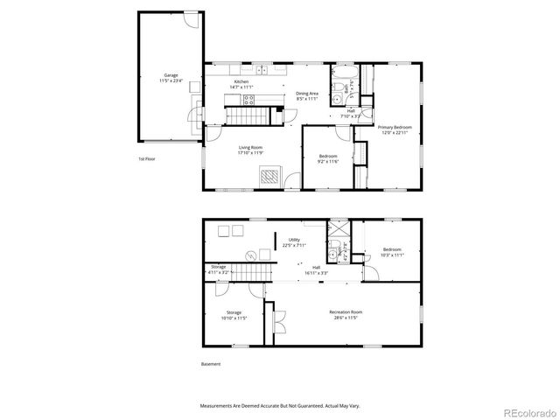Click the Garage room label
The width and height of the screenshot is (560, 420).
tap(171, 78)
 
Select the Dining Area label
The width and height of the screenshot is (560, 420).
tap(306, 96)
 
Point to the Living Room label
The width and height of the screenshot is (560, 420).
tap(251, 150)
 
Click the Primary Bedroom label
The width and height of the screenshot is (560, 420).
tap(395, 129)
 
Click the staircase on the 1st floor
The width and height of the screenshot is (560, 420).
tap(247, 115)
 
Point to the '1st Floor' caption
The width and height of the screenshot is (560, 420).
tap(148, 159)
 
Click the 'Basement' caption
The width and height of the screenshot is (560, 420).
tap(211, 364)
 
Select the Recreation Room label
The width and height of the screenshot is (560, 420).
tap(346, 315)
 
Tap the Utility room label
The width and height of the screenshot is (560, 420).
tap(294, 242)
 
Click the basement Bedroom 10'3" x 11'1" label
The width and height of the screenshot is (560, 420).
tap(391, 251)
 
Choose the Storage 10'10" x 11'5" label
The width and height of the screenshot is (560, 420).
tap(234, 315)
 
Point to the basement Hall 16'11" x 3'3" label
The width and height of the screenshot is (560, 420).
tap(316, 270)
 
